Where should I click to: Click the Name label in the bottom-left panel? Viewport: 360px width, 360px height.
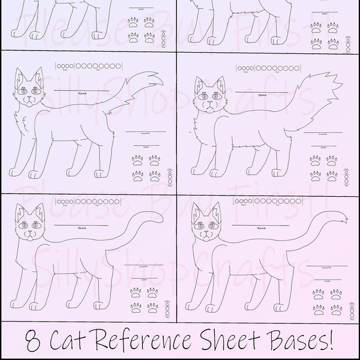(79, 229)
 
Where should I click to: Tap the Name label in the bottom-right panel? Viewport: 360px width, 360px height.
(251, 229)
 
